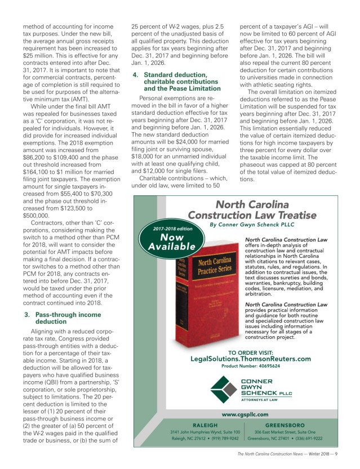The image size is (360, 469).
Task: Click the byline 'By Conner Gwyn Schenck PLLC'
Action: tap(252, 224)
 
